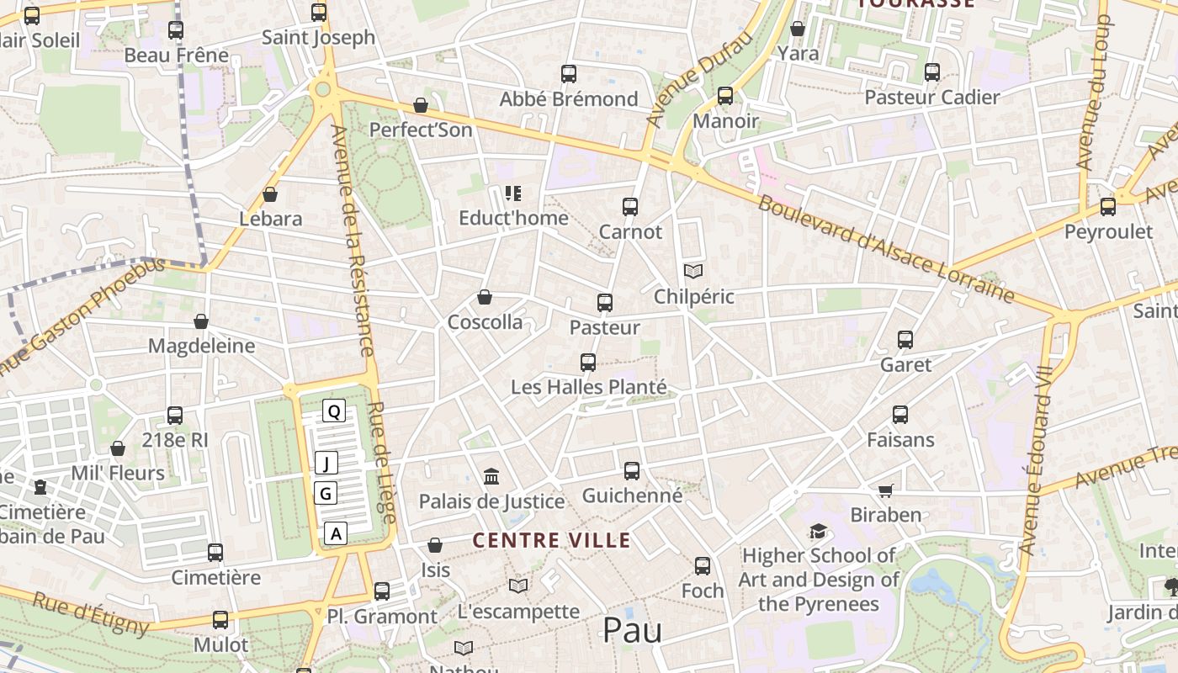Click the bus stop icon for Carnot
[630, 206]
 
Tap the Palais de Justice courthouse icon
[492, 477]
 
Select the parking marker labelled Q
[334, 411]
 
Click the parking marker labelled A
[336, 533]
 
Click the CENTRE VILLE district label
[551, 540]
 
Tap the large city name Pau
[632, 630]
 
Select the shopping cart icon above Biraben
[885, 490]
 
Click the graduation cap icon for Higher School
[818, 532]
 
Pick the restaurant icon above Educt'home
[513, 194]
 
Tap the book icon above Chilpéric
[693, 271]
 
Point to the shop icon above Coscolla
[485, 298]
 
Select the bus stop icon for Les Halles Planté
[588, 363]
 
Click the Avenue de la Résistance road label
[353, 241]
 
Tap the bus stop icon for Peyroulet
[1108, 207]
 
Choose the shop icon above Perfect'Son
[421, 106]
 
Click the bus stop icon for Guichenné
[632, 471]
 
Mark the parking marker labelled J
[326, 463]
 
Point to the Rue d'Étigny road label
[93, 614]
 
